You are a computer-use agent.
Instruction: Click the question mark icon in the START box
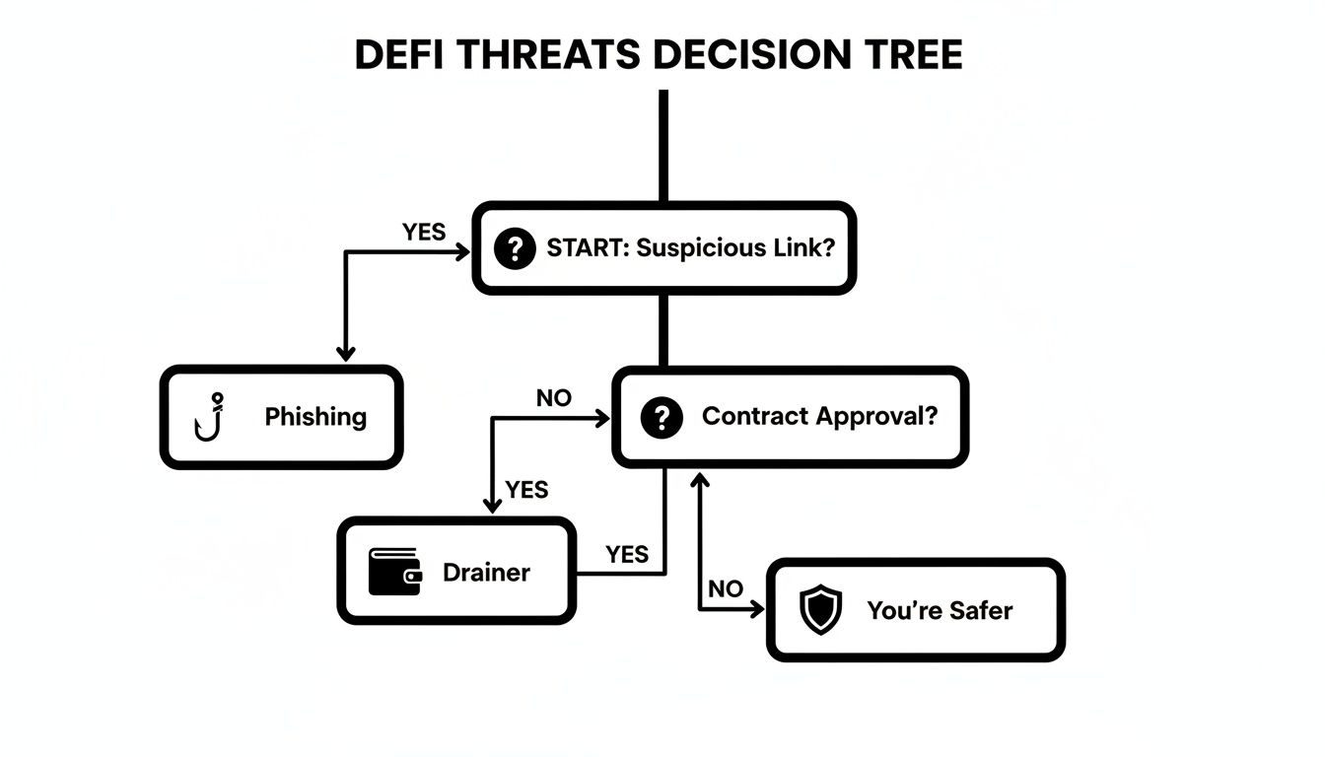(514, 248)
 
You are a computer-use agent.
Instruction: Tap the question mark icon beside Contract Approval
(661, 418)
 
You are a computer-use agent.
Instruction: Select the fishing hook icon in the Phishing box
(210, 417)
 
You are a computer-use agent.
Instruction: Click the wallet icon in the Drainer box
(394, 572)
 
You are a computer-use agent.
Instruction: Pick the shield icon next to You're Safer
(819, 610)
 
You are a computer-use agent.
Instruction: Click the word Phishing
(315, 417)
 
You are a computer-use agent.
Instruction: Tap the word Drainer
(486, 572)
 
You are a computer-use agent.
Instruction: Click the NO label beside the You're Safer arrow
(726, 589)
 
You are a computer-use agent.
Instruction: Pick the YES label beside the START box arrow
(424, 233)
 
